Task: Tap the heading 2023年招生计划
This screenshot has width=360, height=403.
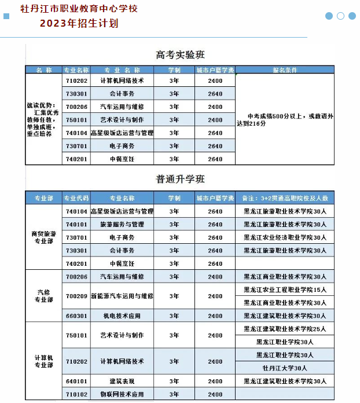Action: point(79,24)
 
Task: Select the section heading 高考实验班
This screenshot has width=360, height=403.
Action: point(180,55)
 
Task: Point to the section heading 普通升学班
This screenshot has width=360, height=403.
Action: point(180,179)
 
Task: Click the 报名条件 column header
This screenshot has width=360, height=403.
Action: point(285,70)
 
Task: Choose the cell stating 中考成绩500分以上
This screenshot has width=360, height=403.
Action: point(285,119)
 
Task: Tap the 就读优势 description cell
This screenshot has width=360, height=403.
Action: point(43,119)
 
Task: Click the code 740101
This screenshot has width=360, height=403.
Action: point(76,225)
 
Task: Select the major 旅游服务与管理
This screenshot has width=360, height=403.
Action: point(122,225)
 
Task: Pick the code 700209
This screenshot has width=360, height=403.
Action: point(76,296)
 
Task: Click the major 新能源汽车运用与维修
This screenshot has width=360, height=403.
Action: point(122,296)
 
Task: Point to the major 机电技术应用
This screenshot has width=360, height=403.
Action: point(122,316)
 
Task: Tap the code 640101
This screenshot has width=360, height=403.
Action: point(76,381)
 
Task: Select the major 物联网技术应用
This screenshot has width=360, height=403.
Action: point(122,394)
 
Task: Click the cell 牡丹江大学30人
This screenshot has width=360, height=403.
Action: point(285,368)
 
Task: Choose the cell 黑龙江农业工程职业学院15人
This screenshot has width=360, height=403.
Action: point(285,290)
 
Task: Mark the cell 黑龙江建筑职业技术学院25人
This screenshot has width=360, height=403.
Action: point(285,329)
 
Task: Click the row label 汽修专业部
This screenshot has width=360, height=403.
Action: point(43,296)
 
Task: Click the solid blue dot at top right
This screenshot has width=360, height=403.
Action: point(329,16)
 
